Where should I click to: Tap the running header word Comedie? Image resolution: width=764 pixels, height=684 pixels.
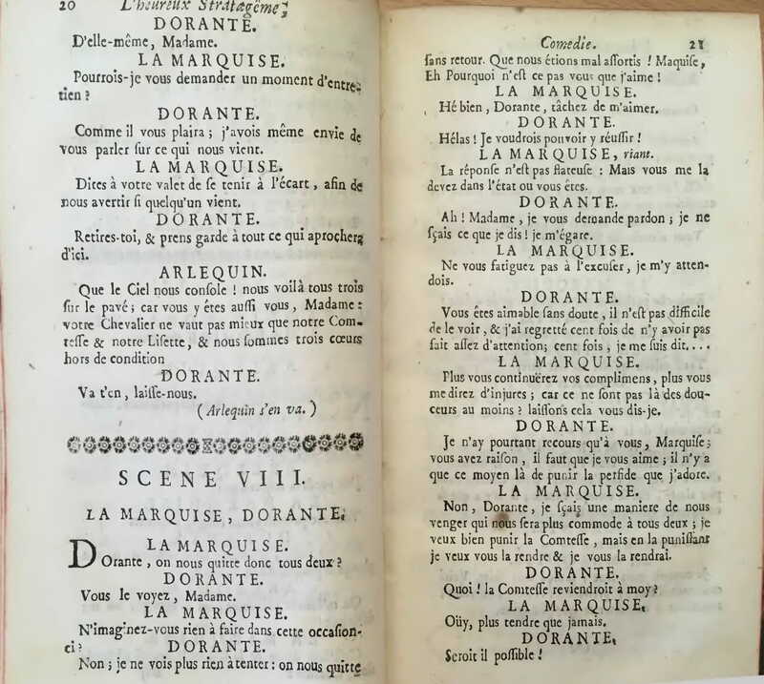pyautogui.click(x=568, y=42)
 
